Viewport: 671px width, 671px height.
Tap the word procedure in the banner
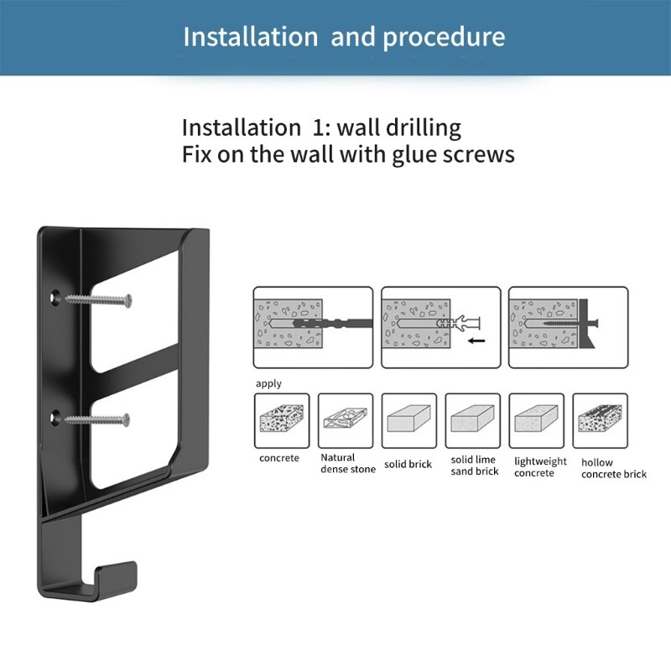446,38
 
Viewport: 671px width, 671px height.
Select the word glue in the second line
414,155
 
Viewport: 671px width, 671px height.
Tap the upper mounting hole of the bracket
54,297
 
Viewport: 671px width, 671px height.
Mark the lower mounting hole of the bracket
54,416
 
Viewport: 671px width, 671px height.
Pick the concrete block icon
281,420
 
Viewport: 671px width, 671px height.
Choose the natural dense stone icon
344,420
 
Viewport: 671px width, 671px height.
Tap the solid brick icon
408,420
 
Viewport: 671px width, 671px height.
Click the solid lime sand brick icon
472,420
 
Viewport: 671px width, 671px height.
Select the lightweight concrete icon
536,420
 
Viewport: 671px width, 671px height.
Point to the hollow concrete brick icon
600,420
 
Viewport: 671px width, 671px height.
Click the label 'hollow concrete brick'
614,468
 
